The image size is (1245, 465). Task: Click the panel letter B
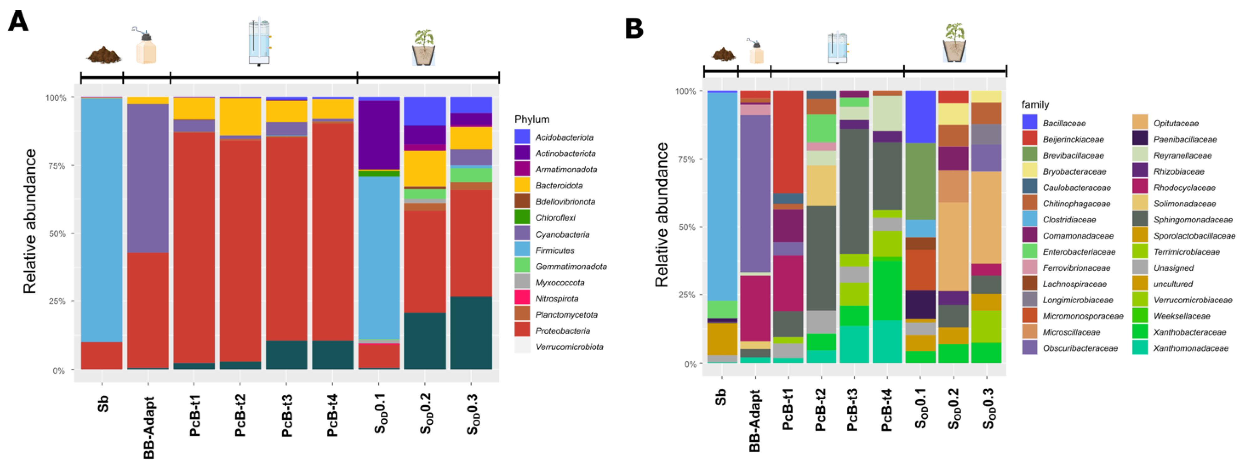click(634, 29)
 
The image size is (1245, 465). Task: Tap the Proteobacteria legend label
click(563, 331)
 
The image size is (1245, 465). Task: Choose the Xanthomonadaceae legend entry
click(1191, 348)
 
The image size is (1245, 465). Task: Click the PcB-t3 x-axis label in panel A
click(287, 416)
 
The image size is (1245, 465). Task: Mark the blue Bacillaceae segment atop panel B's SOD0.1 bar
click(920, 116)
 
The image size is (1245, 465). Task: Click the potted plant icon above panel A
click(424, 47)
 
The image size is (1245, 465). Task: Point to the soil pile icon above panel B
click(723, 54)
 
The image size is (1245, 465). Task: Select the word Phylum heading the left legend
click(532, 119)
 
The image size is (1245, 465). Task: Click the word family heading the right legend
click(1035, 105)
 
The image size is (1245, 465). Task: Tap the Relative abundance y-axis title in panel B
click(661, 215)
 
